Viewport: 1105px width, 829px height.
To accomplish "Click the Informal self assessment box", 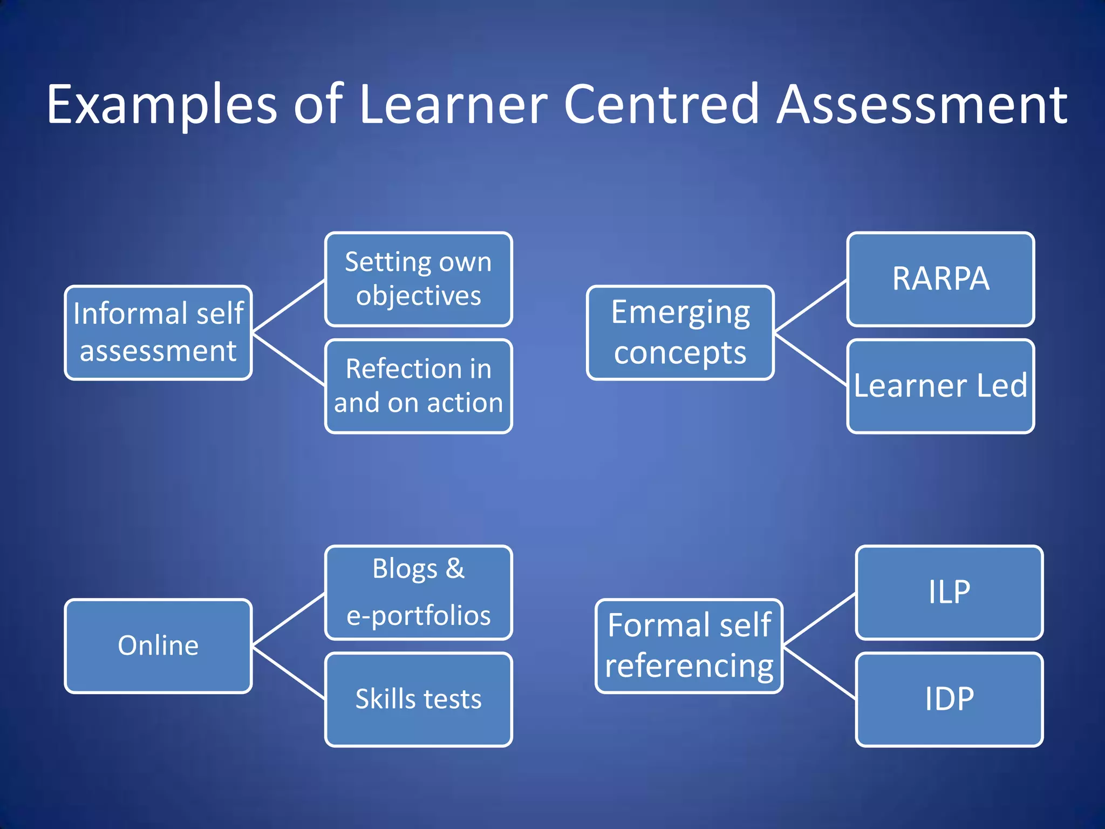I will pyautogui.click(x=158, y=333).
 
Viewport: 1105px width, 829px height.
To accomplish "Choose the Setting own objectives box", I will pyautogui.click(x=418, y=279).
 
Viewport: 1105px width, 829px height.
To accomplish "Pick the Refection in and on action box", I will pyautogui.click(x=418, y=386).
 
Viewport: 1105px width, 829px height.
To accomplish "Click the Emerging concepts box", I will pyautogui.click(x=680, y=333).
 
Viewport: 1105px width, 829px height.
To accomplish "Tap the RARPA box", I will pyautogui.click(x=940, y=279).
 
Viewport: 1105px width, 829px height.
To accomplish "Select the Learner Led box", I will pyautogui.click(x=940, y=386).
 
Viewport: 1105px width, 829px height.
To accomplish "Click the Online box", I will pyautogui.click(x=158, y=646).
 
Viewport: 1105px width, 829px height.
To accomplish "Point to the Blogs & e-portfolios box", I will pyautogui.click(x=418, y=593).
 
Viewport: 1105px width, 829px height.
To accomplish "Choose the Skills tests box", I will pyautogui.click(x=418, y=699).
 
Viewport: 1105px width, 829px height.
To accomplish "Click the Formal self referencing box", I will pyautogui.click(x=689, y=646).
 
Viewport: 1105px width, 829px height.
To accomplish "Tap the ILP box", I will pyautogui.click(x=949, y=593).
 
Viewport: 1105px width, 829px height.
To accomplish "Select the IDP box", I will pyautogui.click(x=949, y=699).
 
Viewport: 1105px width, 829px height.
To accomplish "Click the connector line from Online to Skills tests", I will pyautogui.click(x=289, y=674).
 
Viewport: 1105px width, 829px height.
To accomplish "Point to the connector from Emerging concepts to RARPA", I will pyautogui.click(x=810, y=306).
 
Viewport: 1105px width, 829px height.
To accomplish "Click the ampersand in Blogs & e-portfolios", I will pyautogui.click(x=455, y=568).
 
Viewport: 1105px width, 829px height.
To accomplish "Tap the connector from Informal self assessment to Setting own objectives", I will pyautogui.click(x=289, y=306).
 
